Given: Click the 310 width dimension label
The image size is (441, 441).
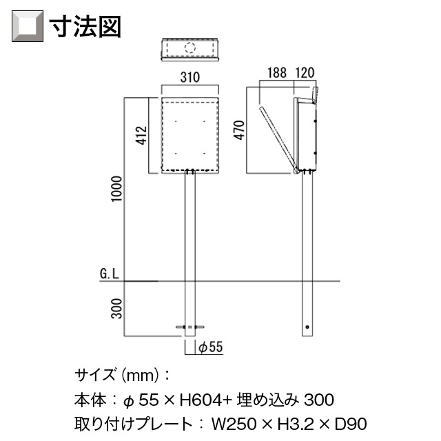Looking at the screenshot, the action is (190, 77).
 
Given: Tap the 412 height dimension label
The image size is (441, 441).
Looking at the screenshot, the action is (142, 136).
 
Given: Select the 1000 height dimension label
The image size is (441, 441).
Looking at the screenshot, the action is (116, 189).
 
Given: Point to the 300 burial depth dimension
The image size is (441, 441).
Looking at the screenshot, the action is (116, 309).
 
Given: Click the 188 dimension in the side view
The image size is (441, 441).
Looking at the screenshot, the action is (277, 73).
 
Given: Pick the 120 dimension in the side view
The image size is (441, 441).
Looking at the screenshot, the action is (305, 73).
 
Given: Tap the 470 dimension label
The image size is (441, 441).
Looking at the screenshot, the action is (239, 130).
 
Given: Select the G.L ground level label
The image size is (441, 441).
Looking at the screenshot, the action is (110, 274).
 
